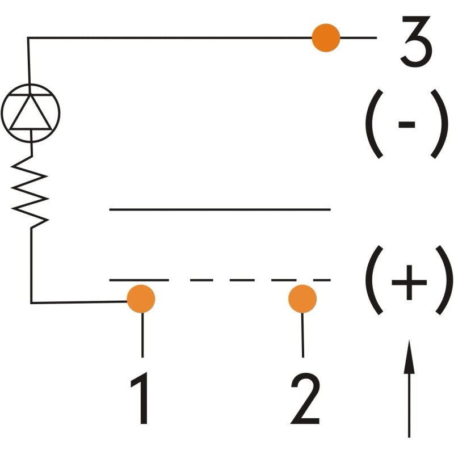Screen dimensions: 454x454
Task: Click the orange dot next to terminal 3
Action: click(x=326, y=37)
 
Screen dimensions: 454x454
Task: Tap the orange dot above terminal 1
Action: click(x=141, y=299)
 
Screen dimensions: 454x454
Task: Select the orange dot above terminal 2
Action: click(x=302, y=299)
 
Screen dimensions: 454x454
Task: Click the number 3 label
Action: click(x=417, y=41)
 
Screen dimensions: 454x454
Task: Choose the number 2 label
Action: click(x=305, y=398)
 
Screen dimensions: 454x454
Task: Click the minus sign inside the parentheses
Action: click(x=407, y=124)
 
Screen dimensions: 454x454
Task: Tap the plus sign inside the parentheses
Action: click(x=409, y=282)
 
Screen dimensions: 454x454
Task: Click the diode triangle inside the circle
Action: click(x=31, y=112)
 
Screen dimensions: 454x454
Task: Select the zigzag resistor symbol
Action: click(x=30, y=192)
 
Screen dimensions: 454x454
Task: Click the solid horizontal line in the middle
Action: click(x=220, y=209)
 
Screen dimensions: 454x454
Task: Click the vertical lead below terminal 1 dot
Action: click(x=142, y=335)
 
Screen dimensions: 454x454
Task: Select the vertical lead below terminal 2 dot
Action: click(x=302, y=335)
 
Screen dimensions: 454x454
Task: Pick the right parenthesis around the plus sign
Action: click(x=445, y=280)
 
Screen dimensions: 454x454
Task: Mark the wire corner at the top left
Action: click(x=28, y=37)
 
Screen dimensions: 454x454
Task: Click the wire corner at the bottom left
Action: click(x=31, y=303)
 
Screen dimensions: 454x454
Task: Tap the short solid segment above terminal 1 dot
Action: click(x=139, y=280)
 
